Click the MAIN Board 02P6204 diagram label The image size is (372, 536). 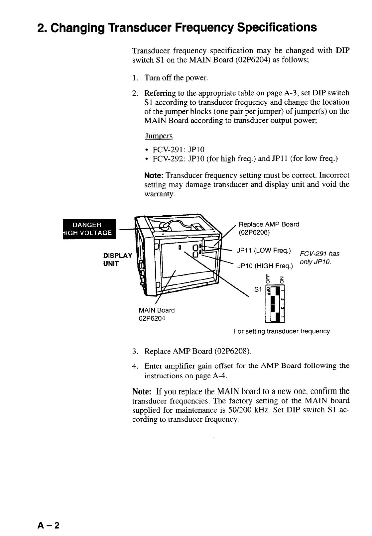coord(156,314)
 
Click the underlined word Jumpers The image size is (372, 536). coord(159,136)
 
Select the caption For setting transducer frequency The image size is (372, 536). coord(282,331)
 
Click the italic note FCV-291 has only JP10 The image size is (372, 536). coord(319,258)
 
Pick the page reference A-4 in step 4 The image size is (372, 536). coord(220,376)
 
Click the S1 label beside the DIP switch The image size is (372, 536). coord(257,289)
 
